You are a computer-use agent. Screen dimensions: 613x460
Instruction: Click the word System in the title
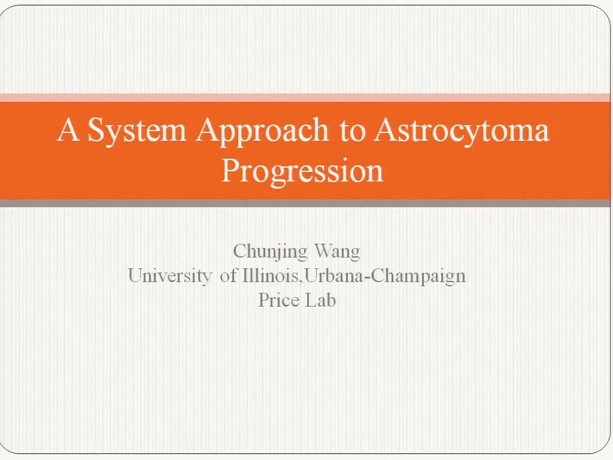(137, 130)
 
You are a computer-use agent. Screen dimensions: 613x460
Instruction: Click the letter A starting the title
(68, 129)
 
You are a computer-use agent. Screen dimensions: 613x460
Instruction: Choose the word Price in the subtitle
(279, 300)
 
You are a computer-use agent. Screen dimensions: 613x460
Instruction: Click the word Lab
(321, 300)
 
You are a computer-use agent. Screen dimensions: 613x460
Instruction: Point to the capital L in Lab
(311, 300)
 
